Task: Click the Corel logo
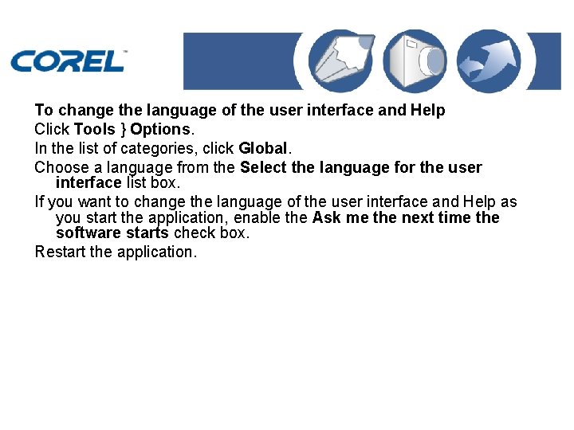coord(67,61)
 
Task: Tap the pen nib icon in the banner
coord(336,61)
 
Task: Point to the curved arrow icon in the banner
coord(488,61)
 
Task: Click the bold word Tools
coord(95,129)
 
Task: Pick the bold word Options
coord(160,129)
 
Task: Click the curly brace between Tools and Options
coord(124,129)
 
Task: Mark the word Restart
coord(61,252)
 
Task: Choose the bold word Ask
coord(327,218)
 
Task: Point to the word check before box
coord(195,233)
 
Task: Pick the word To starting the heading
coord(44,110)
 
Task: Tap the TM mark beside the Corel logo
coord(125,51)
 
